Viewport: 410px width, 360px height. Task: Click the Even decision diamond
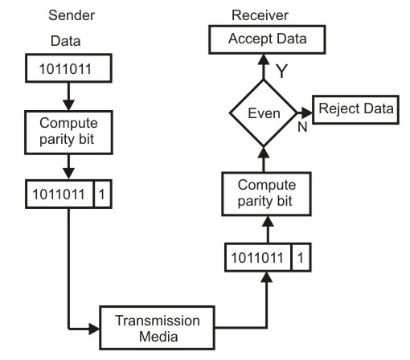pyautogui.click(x=262, y=113)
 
